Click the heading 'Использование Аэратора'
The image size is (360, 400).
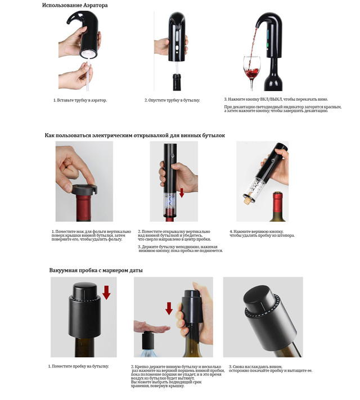pyautogui.click(x=75, y=5)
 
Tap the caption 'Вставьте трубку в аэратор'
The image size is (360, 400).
pyautogui.click(x=80, y=100)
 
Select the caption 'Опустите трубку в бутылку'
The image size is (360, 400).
pyautogui.click(x=172, y=100)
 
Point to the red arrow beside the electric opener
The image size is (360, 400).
pyautogui.click(x=182, y=192)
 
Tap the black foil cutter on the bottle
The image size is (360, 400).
pyautogui.click(x=84, y=189)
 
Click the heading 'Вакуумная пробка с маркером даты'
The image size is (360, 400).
pyautogui.click(x=96, y=270)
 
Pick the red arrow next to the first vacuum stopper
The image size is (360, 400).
pyautogui.click(x=106, y=293)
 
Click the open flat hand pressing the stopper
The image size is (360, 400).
pyautogui.click(x=151, y=326)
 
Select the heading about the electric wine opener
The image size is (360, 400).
pyautogui.click(x=134, y=135)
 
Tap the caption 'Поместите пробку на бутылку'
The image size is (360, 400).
pyautogui.click(x=78, y=366)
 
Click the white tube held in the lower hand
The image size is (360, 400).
pyautogui.click(x=88, y=76)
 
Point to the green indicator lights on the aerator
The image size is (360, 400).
pyautogui.click(x=268, y=38)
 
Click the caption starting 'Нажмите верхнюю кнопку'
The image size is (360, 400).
pyautogui.click(x=262, y=233)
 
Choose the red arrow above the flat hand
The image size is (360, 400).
pyautogui.click(x=169, y=308)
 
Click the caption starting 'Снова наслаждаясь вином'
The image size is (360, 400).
pyautogui.click(x=271, y=368)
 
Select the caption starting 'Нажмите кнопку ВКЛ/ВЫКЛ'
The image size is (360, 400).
pyautogui.click(x=276, y=99)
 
